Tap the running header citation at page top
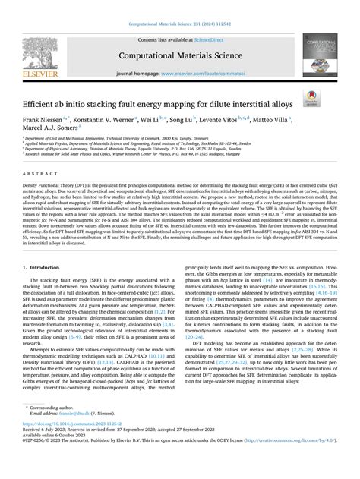coord(180,25)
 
